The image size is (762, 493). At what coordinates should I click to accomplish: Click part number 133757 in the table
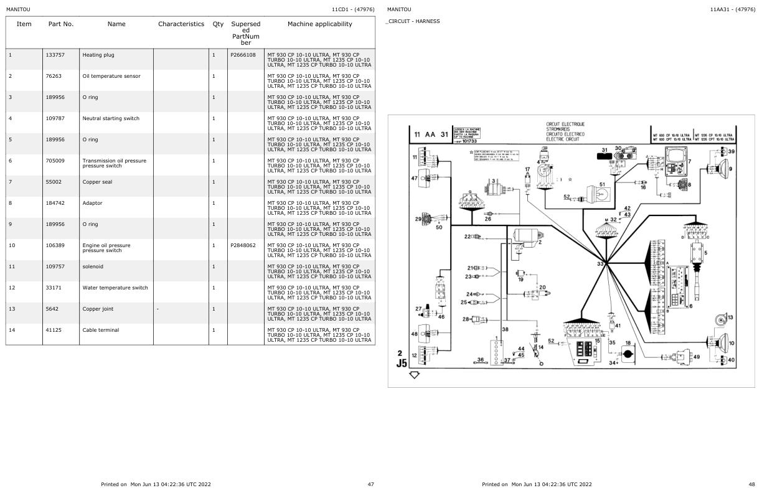(x=55, y=55)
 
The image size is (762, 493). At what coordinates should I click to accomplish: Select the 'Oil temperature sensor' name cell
(x=111, y=76)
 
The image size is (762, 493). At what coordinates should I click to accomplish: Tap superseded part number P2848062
(x=243, y=245)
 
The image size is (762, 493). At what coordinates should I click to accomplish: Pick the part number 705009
(x=55, y=161)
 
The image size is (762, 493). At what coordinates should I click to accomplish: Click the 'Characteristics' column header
(x=181, y=24)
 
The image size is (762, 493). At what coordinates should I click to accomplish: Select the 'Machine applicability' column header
(x=319, y=24)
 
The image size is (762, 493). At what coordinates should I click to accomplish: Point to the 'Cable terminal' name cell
(x=100, y=330)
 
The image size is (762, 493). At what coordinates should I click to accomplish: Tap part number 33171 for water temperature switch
(x=54, y=288)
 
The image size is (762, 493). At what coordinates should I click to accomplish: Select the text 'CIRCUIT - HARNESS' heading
(x=413, y=21)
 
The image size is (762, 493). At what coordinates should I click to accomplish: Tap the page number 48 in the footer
(x=751, y=484)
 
